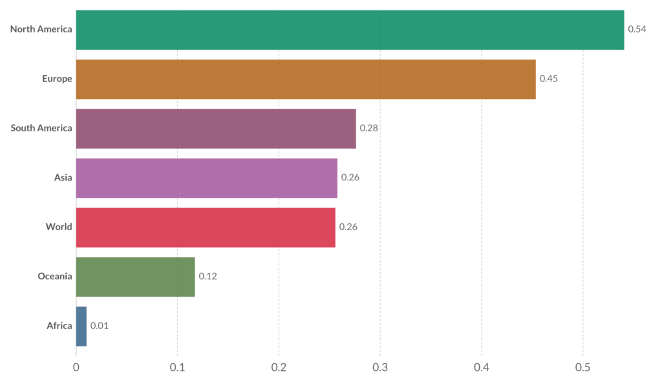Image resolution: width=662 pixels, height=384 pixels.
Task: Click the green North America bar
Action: pyautogui.click(x=350, y=30)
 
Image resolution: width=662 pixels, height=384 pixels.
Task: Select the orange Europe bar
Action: pyautogui.click(x=306, y=79)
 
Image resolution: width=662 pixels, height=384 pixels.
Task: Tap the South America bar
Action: pyautogui.click(x=216, y=129)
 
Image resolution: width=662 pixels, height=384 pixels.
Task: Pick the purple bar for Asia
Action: pyautogui.click(x=207, y=178)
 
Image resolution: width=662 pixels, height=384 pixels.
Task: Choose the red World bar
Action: pyautogui.click(x=206, y=227)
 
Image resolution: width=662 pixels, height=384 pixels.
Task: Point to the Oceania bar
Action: pyautogui.click(x=135, y=277)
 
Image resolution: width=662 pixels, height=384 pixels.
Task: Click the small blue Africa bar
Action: pyautogui.click(x=81, y=326)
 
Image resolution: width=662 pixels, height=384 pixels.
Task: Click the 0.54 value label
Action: pyautogui.click(x=637, y=30)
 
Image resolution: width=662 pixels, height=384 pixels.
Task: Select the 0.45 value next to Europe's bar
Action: pyautogui.click(x=549, y=79)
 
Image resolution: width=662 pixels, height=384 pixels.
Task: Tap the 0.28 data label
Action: pyautogui.click(x=368, y=128)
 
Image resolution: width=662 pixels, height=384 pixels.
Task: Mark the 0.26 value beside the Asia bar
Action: pyautogui.click(x=350, y=178)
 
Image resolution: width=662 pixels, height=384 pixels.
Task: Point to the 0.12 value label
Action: pyautogui.click(x=208, y=277)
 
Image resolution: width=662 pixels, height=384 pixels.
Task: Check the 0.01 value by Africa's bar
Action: pyautogui.click(x=100, y=326)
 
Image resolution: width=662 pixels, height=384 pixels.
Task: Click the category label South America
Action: pyautogui.click(x=41, y=128)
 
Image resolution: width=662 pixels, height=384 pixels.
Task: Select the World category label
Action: pyautogui.click(x=59, y=227)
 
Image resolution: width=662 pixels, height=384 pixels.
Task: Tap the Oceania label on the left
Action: pyautogui.click(x=55, y=277)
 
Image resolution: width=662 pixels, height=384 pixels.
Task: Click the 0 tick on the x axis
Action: pyautogui.click(x=76, y=367)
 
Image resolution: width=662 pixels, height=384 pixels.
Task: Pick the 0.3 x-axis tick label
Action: pyautogui.click(x=380, y=367)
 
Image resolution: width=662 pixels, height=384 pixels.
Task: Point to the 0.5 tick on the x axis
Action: pyautogui.click(x=582, y=367)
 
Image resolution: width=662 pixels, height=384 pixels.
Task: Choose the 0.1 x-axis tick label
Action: pyautogui.click(x=177, y=367)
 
